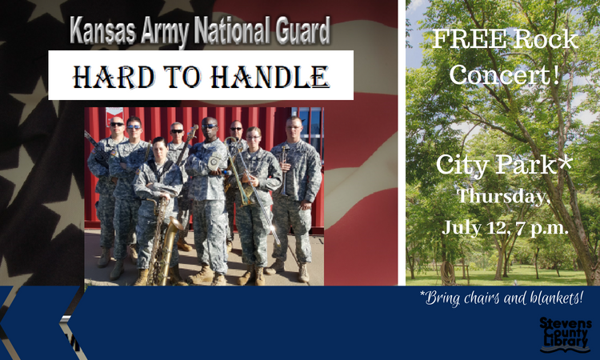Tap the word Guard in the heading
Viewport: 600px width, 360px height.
[303, 30]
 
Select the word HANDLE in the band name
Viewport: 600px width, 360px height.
[270, 77]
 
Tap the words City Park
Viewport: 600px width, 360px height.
[496, 165]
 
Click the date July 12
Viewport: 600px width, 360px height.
[476, 227]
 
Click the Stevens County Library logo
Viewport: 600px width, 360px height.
[565, 334]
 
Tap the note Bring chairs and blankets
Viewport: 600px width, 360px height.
[502, 298]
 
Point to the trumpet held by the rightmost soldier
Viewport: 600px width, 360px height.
[285, 169]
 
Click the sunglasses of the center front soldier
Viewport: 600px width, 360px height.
[210, 126]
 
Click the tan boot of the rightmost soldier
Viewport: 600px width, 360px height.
[304, 273]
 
